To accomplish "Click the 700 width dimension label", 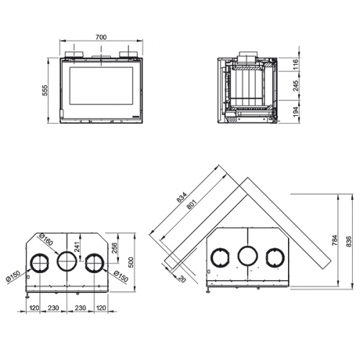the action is tap(101, 37).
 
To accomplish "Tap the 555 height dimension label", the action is tap(45, 90).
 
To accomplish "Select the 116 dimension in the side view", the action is tap(295, 64).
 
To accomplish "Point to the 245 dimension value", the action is tap(295, 86).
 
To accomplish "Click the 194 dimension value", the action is tap(295, 112).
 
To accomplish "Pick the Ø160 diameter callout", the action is tap(46, 239).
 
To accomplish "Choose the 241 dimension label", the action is tap(77, 246).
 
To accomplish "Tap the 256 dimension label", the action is tap(114, 248).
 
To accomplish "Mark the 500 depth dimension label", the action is tap(131, 263).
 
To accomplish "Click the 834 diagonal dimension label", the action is tap(181, 197).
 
